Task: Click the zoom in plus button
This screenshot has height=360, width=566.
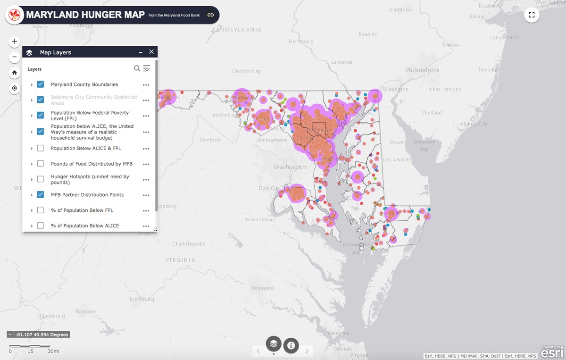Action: coord(15,42)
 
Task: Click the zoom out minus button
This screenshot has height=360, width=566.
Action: coord(15,57)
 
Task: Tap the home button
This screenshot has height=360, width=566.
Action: coord(15,73)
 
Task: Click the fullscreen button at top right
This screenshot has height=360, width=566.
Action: coord(532,15)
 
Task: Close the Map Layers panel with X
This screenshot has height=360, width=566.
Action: coord(151,52)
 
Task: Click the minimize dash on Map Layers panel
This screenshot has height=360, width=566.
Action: coord(141,52)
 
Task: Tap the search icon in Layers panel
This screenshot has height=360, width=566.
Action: coord(137,68)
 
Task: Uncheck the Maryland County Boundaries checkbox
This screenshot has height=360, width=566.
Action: coord(41,84)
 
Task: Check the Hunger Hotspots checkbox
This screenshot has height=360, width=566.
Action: coord(41,179)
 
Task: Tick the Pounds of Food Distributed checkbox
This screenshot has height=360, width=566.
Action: coord(41,164)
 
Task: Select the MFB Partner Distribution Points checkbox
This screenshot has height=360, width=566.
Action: coord(41,194)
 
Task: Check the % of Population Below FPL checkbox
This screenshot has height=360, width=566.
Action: coord(41,210)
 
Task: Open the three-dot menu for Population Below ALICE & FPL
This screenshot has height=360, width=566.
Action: coord(146,149)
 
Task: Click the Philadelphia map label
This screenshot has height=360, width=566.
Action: coord(422,70)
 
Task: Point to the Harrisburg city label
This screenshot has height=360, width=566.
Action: coord(301,42)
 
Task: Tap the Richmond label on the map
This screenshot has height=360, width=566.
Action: coord(262,288)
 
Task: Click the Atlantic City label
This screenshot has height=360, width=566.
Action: coord(474,124)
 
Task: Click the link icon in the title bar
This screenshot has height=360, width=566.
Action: coord(211,15)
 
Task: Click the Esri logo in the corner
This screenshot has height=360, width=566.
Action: coord(551,352)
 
